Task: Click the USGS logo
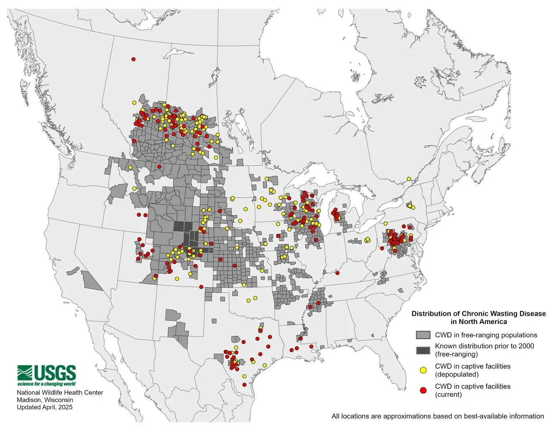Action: click(x=47, y=373)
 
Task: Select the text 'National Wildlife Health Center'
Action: click(x=60, y=393)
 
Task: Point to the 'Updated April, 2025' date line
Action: click(x=44, y=407)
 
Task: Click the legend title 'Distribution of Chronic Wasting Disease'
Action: click(x=479, y=314)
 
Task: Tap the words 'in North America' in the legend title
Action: click(x=479, y=322)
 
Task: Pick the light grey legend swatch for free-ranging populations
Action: click(x=423, y=335)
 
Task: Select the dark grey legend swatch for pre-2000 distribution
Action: click(x=423, y=350)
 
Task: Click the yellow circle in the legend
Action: click(x=423, y=370)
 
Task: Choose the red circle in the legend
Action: click(x=423, y=390)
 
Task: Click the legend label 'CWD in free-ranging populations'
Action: click(x=486, y=335)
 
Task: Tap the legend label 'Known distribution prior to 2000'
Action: click(x=484, y=346)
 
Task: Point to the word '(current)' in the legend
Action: click(x=448, y=394)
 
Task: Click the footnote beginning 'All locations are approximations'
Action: click(x=437, y=416)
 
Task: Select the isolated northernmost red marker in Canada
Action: click(x=133, y=59)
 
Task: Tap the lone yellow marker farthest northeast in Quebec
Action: click(x=409, y=179)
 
